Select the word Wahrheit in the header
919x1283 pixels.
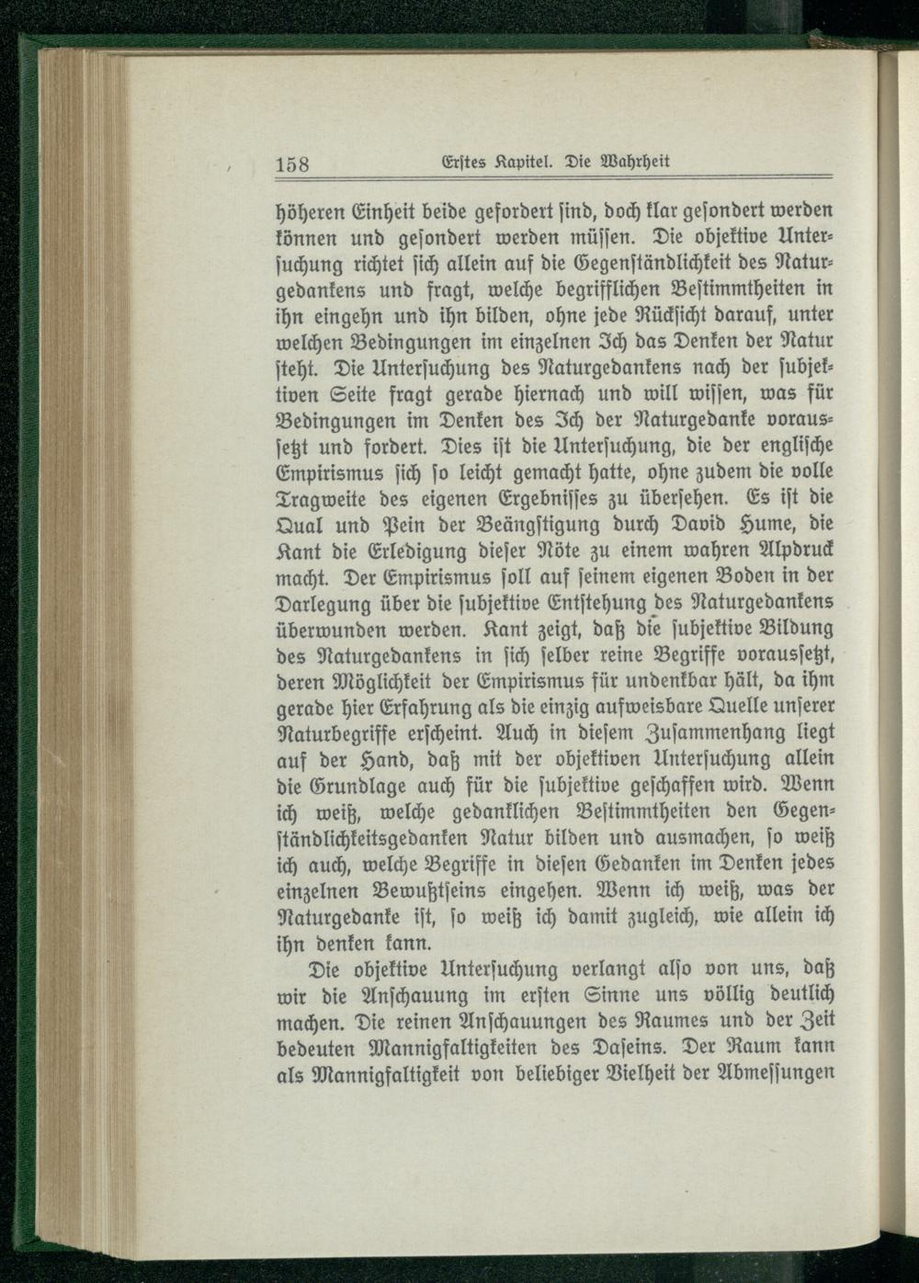[630, 163]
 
